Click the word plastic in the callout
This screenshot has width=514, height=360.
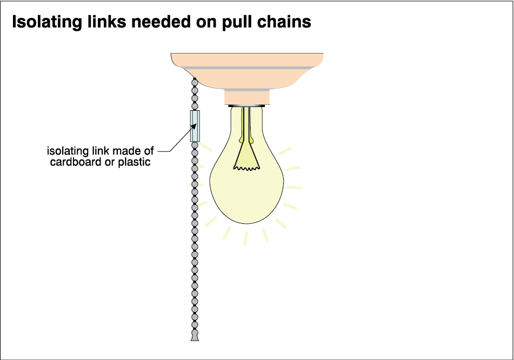point(133,162)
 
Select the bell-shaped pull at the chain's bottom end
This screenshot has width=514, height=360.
point(194,337)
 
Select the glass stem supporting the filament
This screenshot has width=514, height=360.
point(247,130)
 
